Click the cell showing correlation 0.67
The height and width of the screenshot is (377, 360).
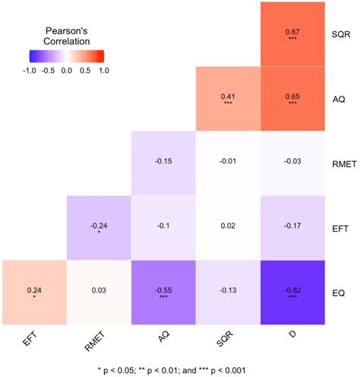[x=292, y=33]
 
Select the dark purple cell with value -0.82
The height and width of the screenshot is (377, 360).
[x=292, y=292]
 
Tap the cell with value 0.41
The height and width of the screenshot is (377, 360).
[x=228, y=98]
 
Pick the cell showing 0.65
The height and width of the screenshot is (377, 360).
[x=292, y=98]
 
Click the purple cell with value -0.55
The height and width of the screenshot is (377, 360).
[x=163, y=292]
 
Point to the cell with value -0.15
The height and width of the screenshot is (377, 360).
[x=163, y=163]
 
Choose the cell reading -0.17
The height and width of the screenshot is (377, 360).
[x=292, y=227]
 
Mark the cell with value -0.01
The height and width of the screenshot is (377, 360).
[x=228, y=163]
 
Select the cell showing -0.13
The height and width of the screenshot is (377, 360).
[x=228, y=292]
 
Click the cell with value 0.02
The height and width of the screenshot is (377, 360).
[x=228, y=227]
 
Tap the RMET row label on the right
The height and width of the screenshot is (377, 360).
[x=343, y=163]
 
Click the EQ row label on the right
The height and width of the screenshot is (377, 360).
[x=338, y=292]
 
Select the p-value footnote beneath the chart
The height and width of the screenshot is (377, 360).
[x=180, y=369]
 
